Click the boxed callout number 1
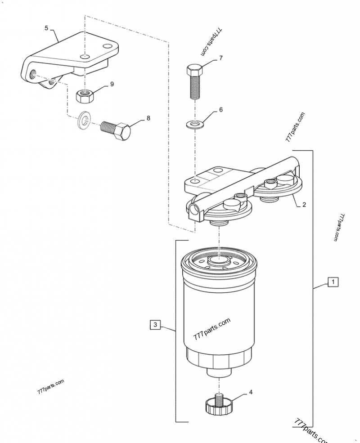[333, 282]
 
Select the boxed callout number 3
[155, 324]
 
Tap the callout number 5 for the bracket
[46, 28]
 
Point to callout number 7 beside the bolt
[220, 58]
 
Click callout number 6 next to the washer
[220, 109]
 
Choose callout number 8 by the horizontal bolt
[148, 119]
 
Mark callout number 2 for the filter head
[304, 205]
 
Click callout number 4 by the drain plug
[251, 392]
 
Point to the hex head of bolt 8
[123, 132]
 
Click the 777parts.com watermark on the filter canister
[211, 330]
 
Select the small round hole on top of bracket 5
[84, 56]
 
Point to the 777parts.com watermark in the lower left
[51, 386]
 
